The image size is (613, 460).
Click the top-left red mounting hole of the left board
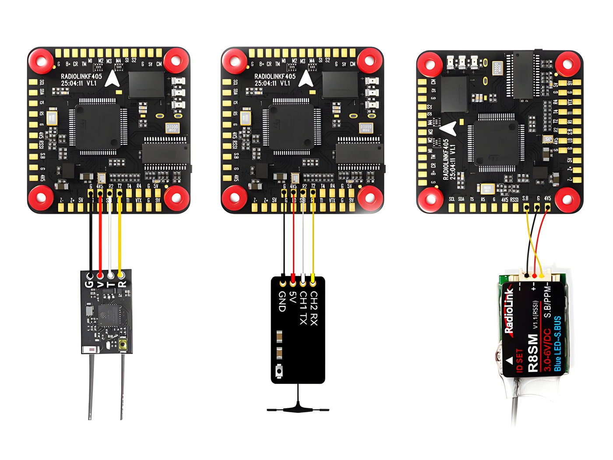coord(42,61)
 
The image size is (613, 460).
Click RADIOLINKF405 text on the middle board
coord(275,76)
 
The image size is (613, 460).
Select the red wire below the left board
coord(100,237)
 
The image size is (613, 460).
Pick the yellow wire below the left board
coord(120,237)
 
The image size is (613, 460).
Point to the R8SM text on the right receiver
coord(532,353)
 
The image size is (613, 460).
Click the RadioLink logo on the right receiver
coord(509,311)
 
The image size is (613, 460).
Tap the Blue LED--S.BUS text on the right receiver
coord(557,343)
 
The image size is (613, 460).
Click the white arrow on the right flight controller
coord(449,128)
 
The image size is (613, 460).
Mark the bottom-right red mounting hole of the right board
coord(567,199)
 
